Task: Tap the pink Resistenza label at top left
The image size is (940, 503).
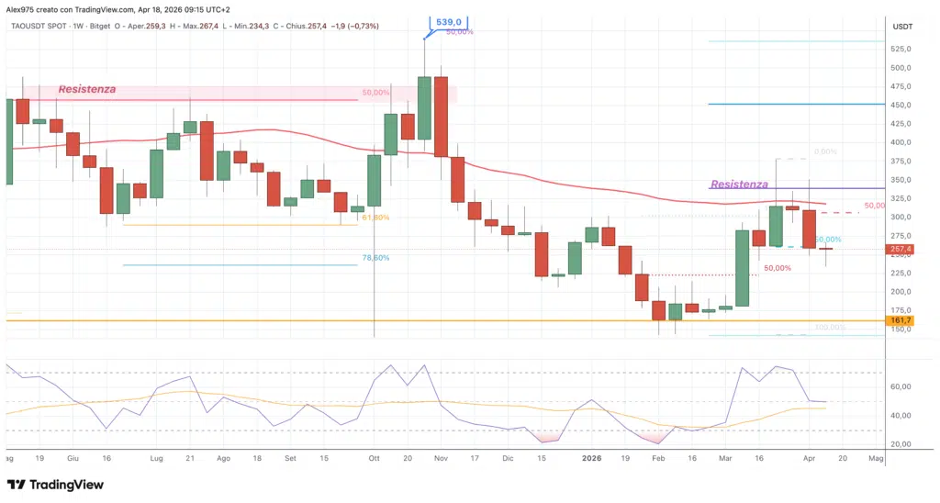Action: pos(87,89)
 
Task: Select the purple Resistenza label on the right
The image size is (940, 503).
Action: pos(740,184)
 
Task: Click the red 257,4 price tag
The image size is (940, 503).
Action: pos(901,249)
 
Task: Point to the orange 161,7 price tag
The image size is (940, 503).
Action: pos(901,321)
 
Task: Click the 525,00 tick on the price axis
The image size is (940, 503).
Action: pos(901,50)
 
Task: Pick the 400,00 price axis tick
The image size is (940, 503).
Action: pos(901,142)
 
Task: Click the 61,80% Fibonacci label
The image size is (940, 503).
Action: pos(375,218)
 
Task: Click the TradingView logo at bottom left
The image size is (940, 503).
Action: pos(56,485)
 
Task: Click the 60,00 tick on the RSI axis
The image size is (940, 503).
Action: pos(901,386)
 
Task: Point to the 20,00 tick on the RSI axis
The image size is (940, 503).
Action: pos(901,444)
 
